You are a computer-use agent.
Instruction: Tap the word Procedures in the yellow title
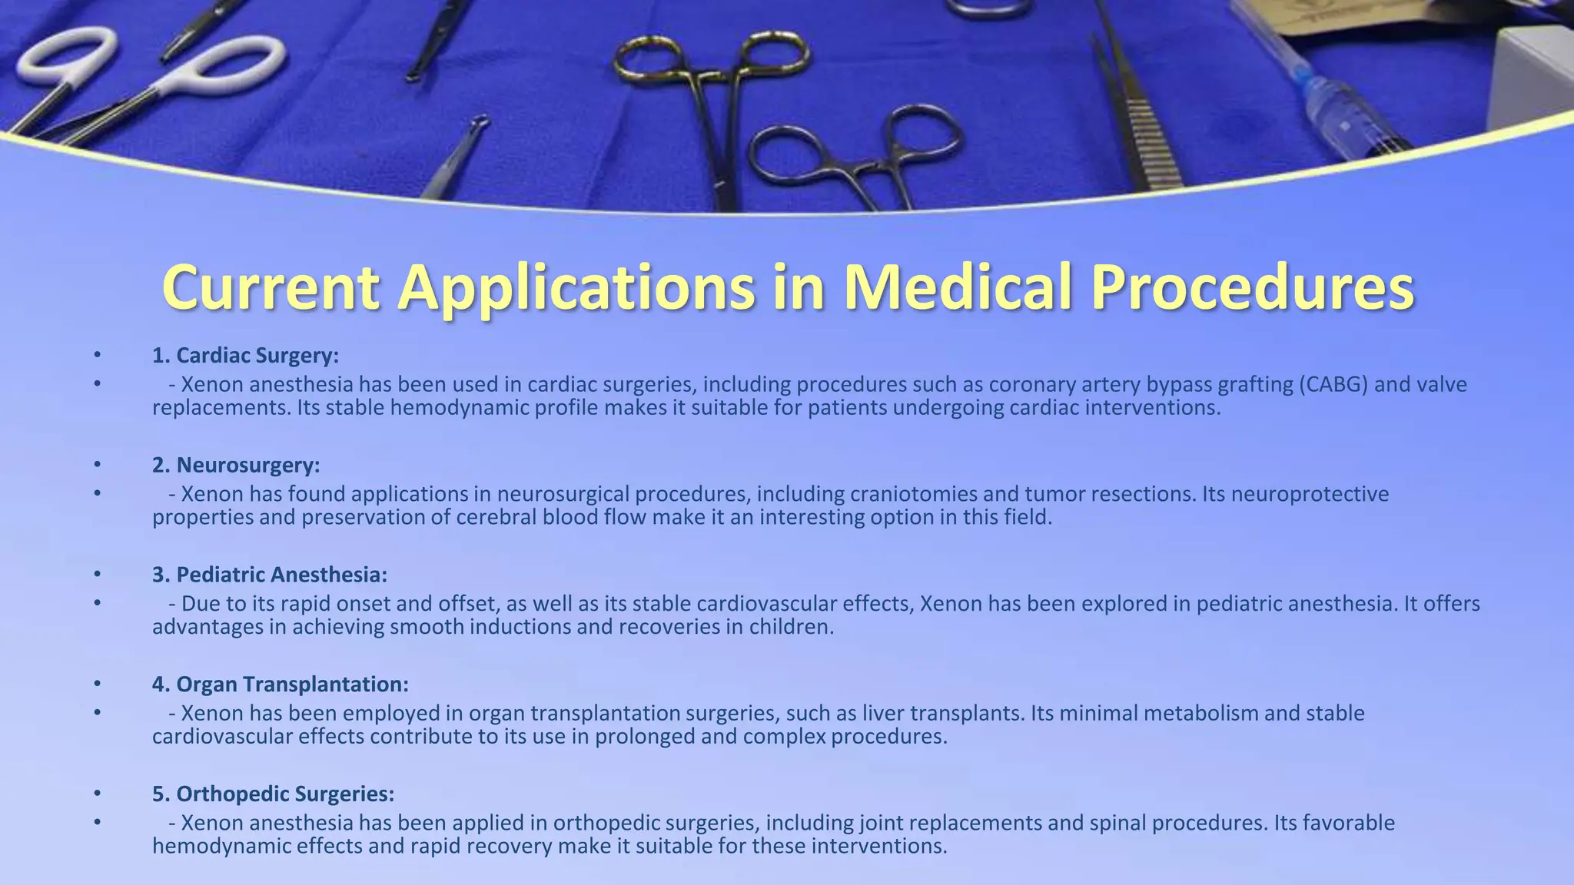click(1253, 287)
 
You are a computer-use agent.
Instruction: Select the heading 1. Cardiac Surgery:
click(245, 356)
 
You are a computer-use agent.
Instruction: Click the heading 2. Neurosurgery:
click(236, 466)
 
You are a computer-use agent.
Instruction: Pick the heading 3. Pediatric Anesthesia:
click(270, 575)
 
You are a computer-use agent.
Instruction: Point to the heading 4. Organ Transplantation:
click(281, 684)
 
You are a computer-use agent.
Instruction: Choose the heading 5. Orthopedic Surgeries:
click(273, 794)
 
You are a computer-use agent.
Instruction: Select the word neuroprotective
click(1310, 494)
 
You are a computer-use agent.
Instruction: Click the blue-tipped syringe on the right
click(1353, 108)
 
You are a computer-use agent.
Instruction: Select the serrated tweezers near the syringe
click(1137, 115)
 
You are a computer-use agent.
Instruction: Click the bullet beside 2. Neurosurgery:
click(97, 466)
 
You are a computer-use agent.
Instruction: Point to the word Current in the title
click(271, 287)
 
